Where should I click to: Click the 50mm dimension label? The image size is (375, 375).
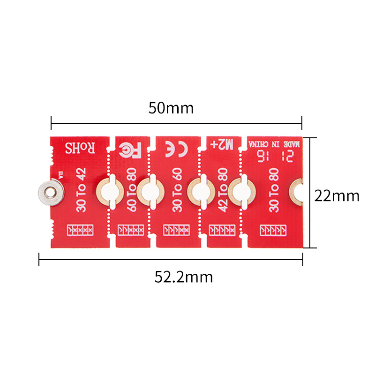click(x=171, y=108)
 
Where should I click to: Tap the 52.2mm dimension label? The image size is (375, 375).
click(x=184, y=277)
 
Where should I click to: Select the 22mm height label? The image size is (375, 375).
click(x=337, y=195)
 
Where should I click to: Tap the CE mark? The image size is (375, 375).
click(x=177, y=149)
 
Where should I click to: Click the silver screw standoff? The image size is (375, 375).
click(x=49, y=193)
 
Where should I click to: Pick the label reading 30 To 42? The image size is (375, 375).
click(x=82, y=191)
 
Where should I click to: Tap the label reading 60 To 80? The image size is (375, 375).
click(x=132, y=192)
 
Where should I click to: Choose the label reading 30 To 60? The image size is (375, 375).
click(x=177, y=192)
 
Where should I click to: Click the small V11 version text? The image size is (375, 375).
click(x=60, y=176)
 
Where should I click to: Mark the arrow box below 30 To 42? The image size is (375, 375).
click(x=81, y=230)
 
